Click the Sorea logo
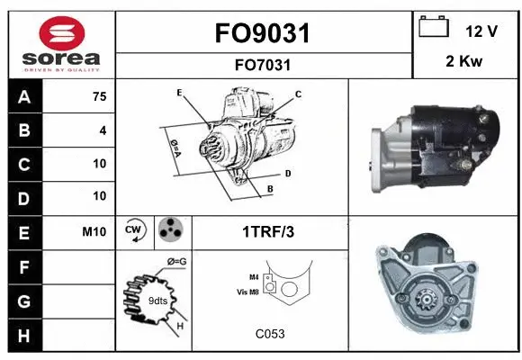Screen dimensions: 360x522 pyautogui.click(x=60, y=44)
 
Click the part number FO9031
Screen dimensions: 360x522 pyautogui.click(x=262, y=33)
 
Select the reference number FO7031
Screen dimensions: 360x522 pyautogui.click(x=262, y=65)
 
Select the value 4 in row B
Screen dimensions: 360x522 pyautogui.click(x=103, y=130)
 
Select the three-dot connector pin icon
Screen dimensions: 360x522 pyautogui.click(x=170, y=230)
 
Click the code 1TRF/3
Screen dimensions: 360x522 pyautogui.click(x=268, y=231)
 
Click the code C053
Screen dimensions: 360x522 pyautogui.click(x=269, y=334)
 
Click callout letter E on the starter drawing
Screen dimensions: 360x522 pyautogui.click(x=179, y=93)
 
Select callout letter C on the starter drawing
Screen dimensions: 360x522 pyautogui.click(x=298, y=94)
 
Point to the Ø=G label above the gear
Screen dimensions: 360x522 pyautogui.click(x=176, y=262)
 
